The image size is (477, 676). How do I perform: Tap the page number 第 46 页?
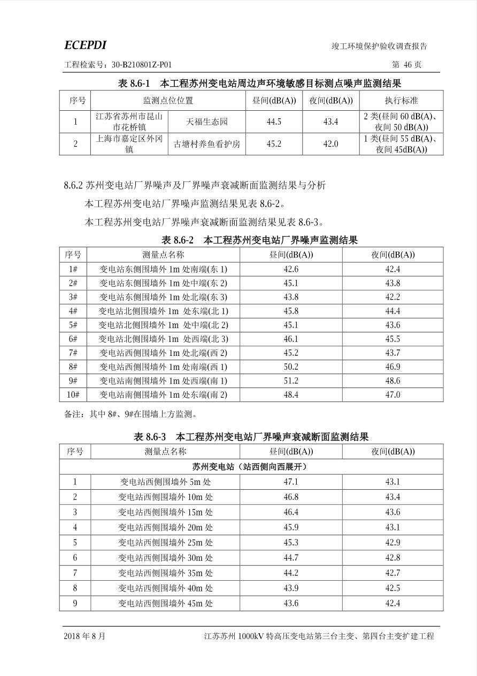(x=406, y=65)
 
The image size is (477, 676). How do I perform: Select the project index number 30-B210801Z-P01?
(x=142, y=65)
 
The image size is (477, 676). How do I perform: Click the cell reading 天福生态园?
(x=206, y=121)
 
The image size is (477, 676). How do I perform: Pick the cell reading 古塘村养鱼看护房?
(x=206, y=144)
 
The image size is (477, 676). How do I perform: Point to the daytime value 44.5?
(x=274, y=121)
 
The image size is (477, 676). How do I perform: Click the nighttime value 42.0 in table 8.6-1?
(x=330, y=144)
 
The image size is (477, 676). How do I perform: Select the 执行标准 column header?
(x=401, y=100)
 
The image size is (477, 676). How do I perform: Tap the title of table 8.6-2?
(x=259, y=240)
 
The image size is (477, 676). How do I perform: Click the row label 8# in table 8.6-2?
(x=73, y=367)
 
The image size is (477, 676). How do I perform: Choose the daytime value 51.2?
(x=291, y=381)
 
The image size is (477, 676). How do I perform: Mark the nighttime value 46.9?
(x=393, y=367)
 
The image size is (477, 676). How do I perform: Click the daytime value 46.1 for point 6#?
(x=291, y=339)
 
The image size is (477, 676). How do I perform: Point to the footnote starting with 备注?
(x=132, y=414)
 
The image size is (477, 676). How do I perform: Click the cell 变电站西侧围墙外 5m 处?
(x=165, y=482)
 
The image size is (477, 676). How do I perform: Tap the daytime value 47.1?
(x=291, y=482)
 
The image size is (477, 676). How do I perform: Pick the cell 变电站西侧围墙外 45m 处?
(x=165, y=603)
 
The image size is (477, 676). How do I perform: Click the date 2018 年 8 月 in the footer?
(x=84, y=636)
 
